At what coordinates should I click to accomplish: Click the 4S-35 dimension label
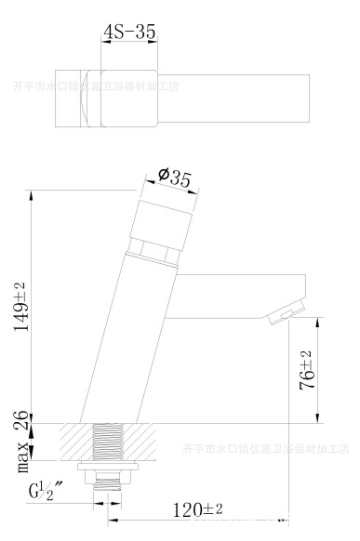pos(129,31)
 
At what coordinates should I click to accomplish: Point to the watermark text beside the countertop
pos(262,449)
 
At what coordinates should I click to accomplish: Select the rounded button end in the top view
pos(88,98)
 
